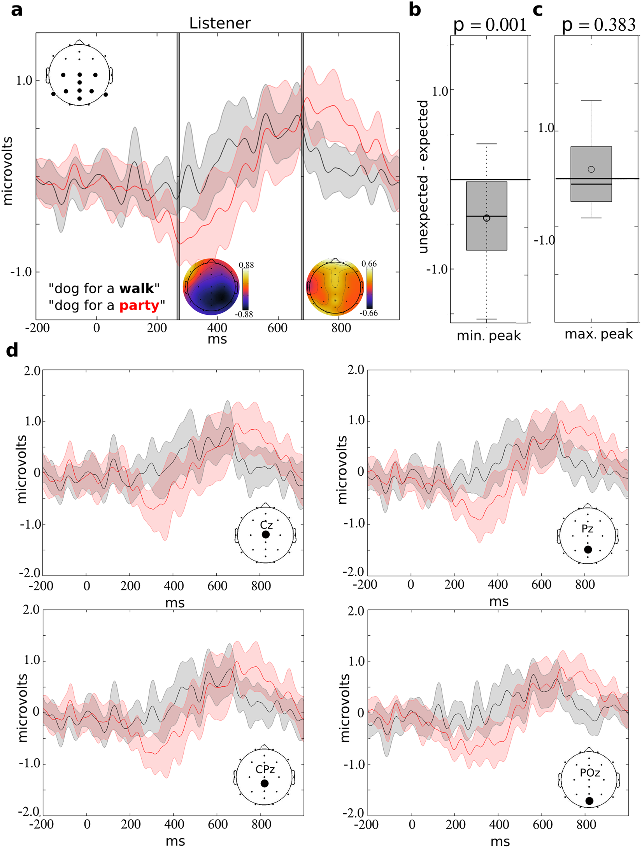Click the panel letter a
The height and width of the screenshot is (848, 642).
(x=17, y=10)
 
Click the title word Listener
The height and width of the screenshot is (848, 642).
(x=220, y=23)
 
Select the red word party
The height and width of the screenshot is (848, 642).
(x=139, y=305)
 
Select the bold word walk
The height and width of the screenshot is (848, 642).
(x=136, y=288)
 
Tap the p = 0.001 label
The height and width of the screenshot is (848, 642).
(x=490, y=25)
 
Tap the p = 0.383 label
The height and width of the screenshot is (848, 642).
(x=598, y=25)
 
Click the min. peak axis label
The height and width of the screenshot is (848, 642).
(x=489, y=335)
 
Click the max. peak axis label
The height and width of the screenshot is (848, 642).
(x=598, y=334)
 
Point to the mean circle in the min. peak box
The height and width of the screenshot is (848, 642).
(x=486, y=218)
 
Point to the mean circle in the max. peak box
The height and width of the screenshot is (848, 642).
(x=591, y=169)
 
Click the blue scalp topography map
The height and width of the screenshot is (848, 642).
(x=211, y=287)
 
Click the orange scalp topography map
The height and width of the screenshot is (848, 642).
(x=335, y=287)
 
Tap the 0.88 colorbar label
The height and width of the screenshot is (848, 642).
(x=246, y=265)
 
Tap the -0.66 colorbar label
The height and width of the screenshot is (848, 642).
(x=368, y=313)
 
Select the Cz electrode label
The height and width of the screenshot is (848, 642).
(x=266, y=525)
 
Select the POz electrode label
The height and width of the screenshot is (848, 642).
(x=590, y=773)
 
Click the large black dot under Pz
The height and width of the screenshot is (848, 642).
(x=588, y=549)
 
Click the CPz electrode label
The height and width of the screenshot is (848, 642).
(x=265, y=769)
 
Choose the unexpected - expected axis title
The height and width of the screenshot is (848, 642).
(x=423, y=177)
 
